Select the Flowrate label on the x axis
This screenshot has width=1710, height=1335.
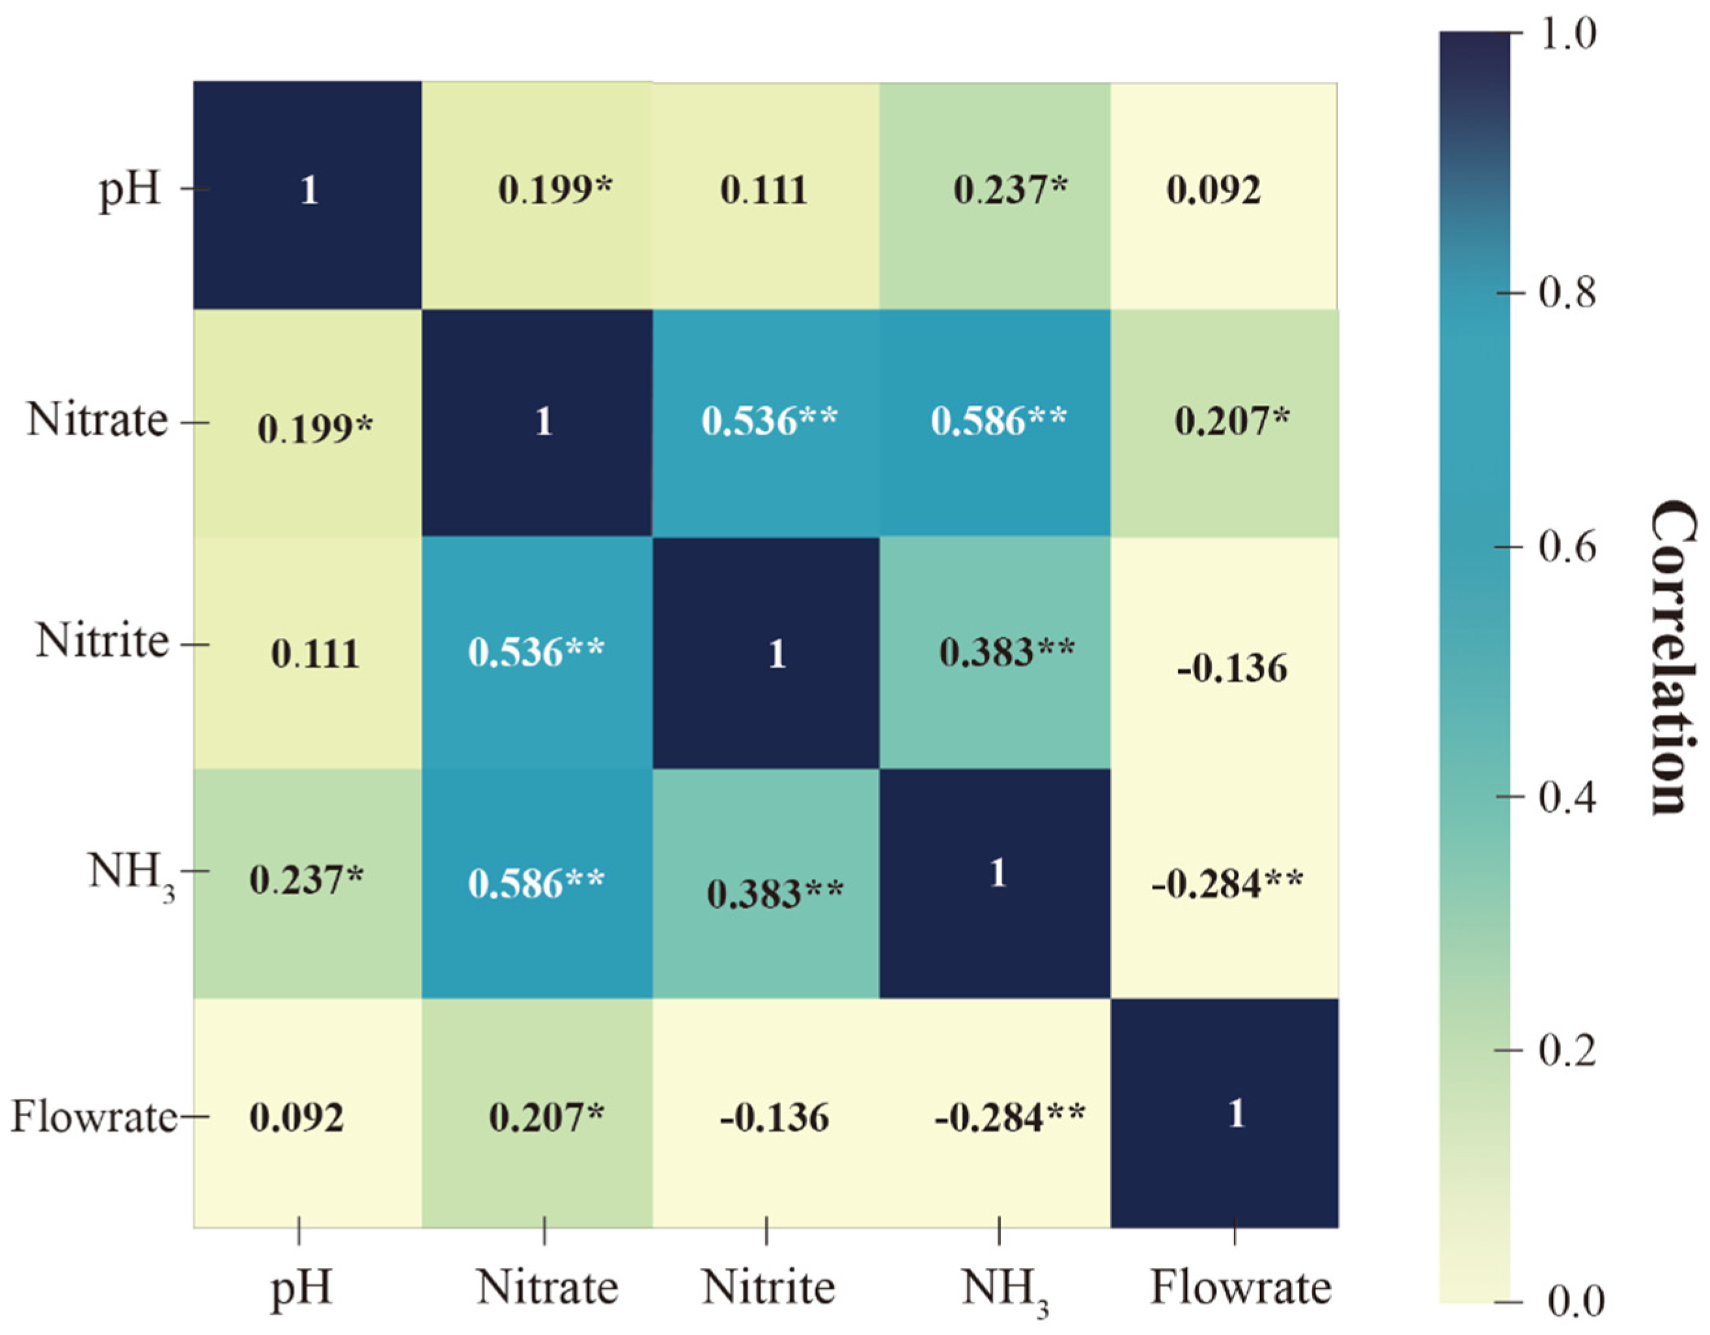1240,1287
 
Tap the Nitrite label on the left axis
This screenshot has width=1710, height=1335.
102,642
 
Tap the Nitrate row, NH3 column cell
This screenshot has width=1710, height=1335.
994,422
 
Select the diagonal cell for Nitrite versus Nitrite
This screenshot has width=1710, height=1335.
766,654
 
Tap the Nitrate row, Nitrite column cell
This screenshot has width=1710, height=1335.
766,422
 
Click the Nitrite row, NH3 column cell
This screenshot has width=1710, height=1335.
994,654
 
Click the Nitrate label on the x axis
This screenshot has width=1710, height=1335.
546,1287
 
